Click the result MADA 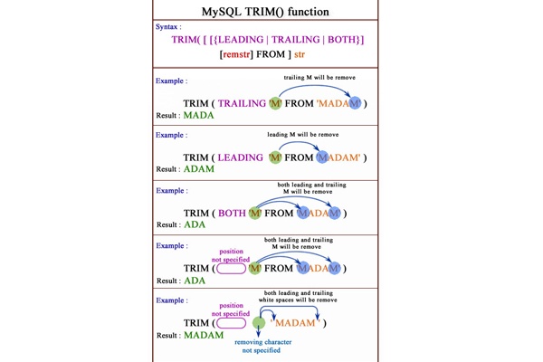tap(199, 116)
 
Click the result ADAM tap(199, 169)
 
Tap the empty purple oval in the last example tap(231, 322)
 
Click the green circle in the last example tap(259, 322)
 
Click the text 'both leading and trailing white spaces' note tap(299, 297)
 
